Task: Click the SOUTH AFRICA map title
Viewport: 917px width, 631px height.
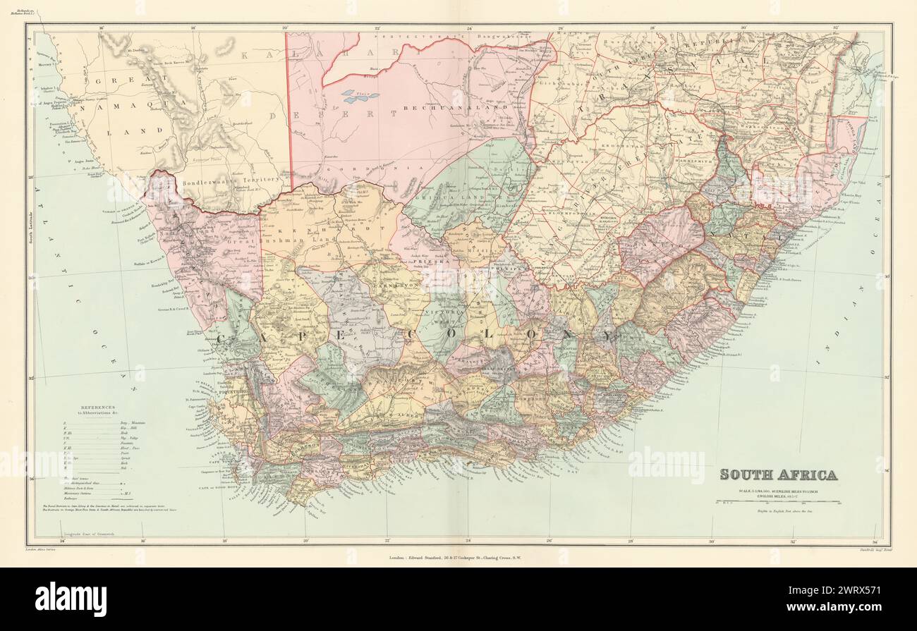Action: coord(778,474)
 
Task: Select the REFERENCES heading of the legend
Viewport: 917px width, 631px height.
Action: coord(102,408)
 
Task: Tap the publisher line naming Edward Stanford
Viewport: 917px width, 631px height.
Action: coord(458,560)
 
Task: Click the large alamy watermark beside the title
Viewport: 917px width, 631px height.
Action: coord(665,465)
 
